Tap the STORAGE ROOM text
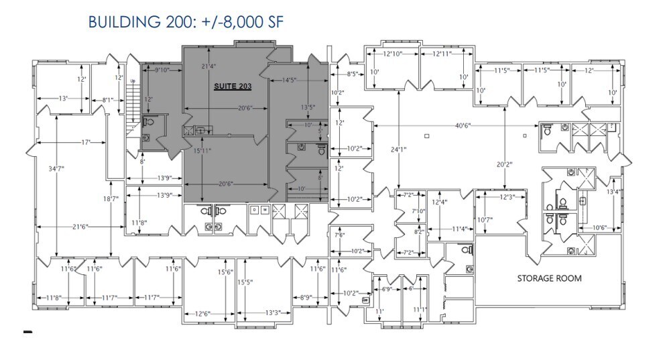[x=548, y=278]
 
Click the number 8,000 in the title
[x=228, y=23]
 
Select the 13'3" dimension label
[x=272, y=312]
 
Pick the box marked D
[x=255, y=210]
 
